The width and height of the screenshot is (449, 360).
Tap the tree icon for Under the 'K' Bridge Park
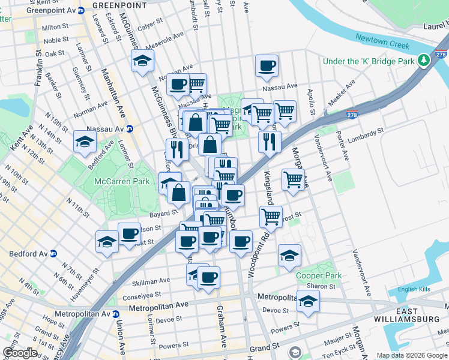pyautogui.click(x=425, y=61)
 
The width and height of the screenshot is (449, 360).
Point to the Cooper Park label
pyautogui.click(x=319, y=276)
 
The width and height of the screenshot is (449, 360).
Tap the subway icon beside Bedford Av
pyautogui.click(x=53, y=253)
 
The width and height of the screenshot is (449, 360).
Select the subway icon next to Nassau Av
pyautogui.click(x=129, y=128)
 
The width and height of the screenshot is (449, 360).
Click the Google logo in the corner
pyautogui.click(x=21, y=353)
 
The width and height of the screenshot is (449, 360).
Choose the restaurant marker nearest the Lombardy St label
pyautogui.click(x=270, y=142)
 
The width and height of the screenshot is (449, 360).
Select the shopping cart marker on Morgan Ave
pyautogui.click(x=293, y=179)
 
